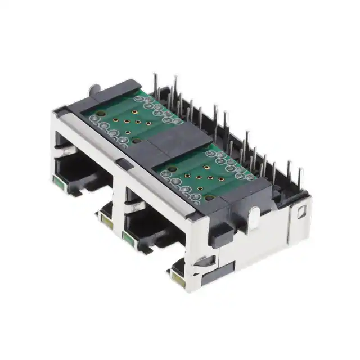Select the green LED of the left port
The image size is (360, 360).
pos(58,182)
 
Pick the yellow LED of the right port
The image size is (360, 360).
pos(179,277)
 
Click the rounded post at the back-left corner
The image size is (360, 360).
pos(95,88)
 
